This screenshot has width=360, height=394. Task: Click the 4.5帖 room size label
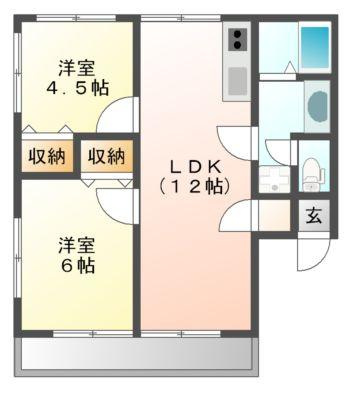pos(77,89)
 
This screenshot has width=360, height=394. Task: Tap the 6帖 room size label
pos(77,266)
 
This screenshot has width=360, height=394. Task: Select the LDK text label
pos(195,167)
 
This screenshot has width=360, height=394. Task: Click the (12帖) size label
pos(195,186)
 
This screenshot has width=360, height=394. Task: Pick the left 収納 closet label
pos(47,156)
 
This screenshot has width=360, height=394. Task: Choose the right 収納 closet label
pos(106,156)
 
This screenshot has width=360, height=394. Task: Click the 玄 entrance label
pos(314,216)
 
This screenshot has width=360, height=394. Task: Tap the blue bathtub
pos(315,47)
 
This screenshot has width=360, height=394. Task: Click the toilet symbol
pos(313,174)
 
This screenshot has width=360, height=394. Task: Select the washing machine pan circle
pos(317,106)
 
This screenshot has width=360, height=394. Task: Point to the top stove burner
pos(238,34)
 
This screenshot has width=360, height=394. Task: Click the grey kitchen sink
pos(238,81)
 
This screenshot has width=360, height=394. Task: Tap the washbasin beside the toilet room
pos(274,179)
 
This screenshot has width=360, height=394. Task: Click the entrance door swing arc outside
pos(321,261)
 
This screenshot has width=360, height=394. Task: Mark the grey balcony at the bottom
pos(136,357)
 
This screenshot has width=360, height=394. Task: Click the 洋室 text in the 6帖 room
pos(77,246)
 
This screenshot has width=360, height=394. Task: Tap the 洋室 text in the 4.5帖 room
pos(77,68)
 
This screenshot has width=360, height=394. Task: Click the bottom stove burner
pos(238,45)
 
